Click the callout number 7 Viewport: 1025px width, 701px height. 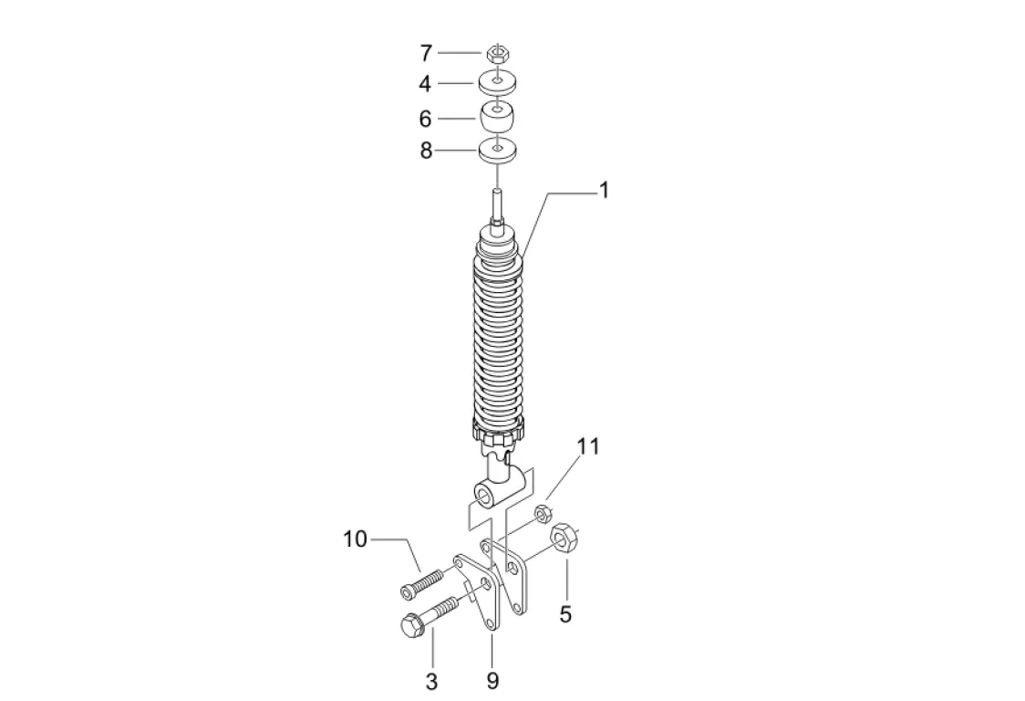[x=425, y=52]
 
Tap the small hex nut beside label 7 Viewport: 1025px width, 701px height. [x=497, y=53]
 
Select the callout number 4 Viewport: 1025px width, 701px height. [x=425, y=84]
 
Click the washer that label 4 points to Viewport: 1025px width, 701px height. [x=497, y=83]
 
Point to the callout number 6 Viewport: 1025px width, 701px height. [x=425, y=119]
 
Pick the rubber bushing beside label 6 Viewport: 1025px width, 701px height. [x=497, y=118]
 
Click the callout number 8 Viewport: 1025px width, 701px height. [x=425, y=152]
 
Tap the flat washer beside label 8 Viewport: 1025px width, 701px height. [x=497, y=150]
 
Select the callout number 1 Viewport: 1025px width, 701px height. [x=604, y=190]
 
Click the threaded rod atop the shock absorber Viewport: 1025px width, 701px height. [x=497, y=205]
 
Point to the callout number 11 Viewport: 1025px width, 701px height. [x=589, y=447]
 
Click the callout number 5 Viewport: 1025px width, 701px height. [x=565, y=614]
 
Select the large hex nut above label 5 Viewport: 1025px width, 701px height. [x=564, y=538]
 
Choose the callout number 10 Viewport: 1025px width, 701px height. [x=355, y=539]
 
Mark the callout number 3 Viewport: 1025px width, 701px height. [x=432, y=681]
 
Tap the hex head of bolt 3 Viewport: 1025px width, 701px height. [x=410, y=625]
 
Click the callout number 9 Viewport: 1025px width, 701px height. [x=492, y=681]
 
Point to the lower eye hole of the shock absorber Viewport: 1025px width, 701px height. [x=483, y=496]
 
